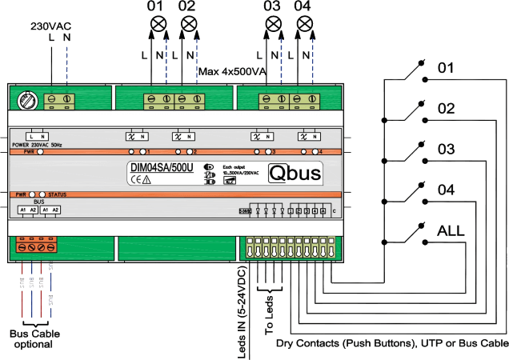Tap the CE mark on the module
(136, 180)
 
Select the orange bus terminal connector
(36, 246)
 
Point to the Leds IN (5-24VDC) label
(242, 312)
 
